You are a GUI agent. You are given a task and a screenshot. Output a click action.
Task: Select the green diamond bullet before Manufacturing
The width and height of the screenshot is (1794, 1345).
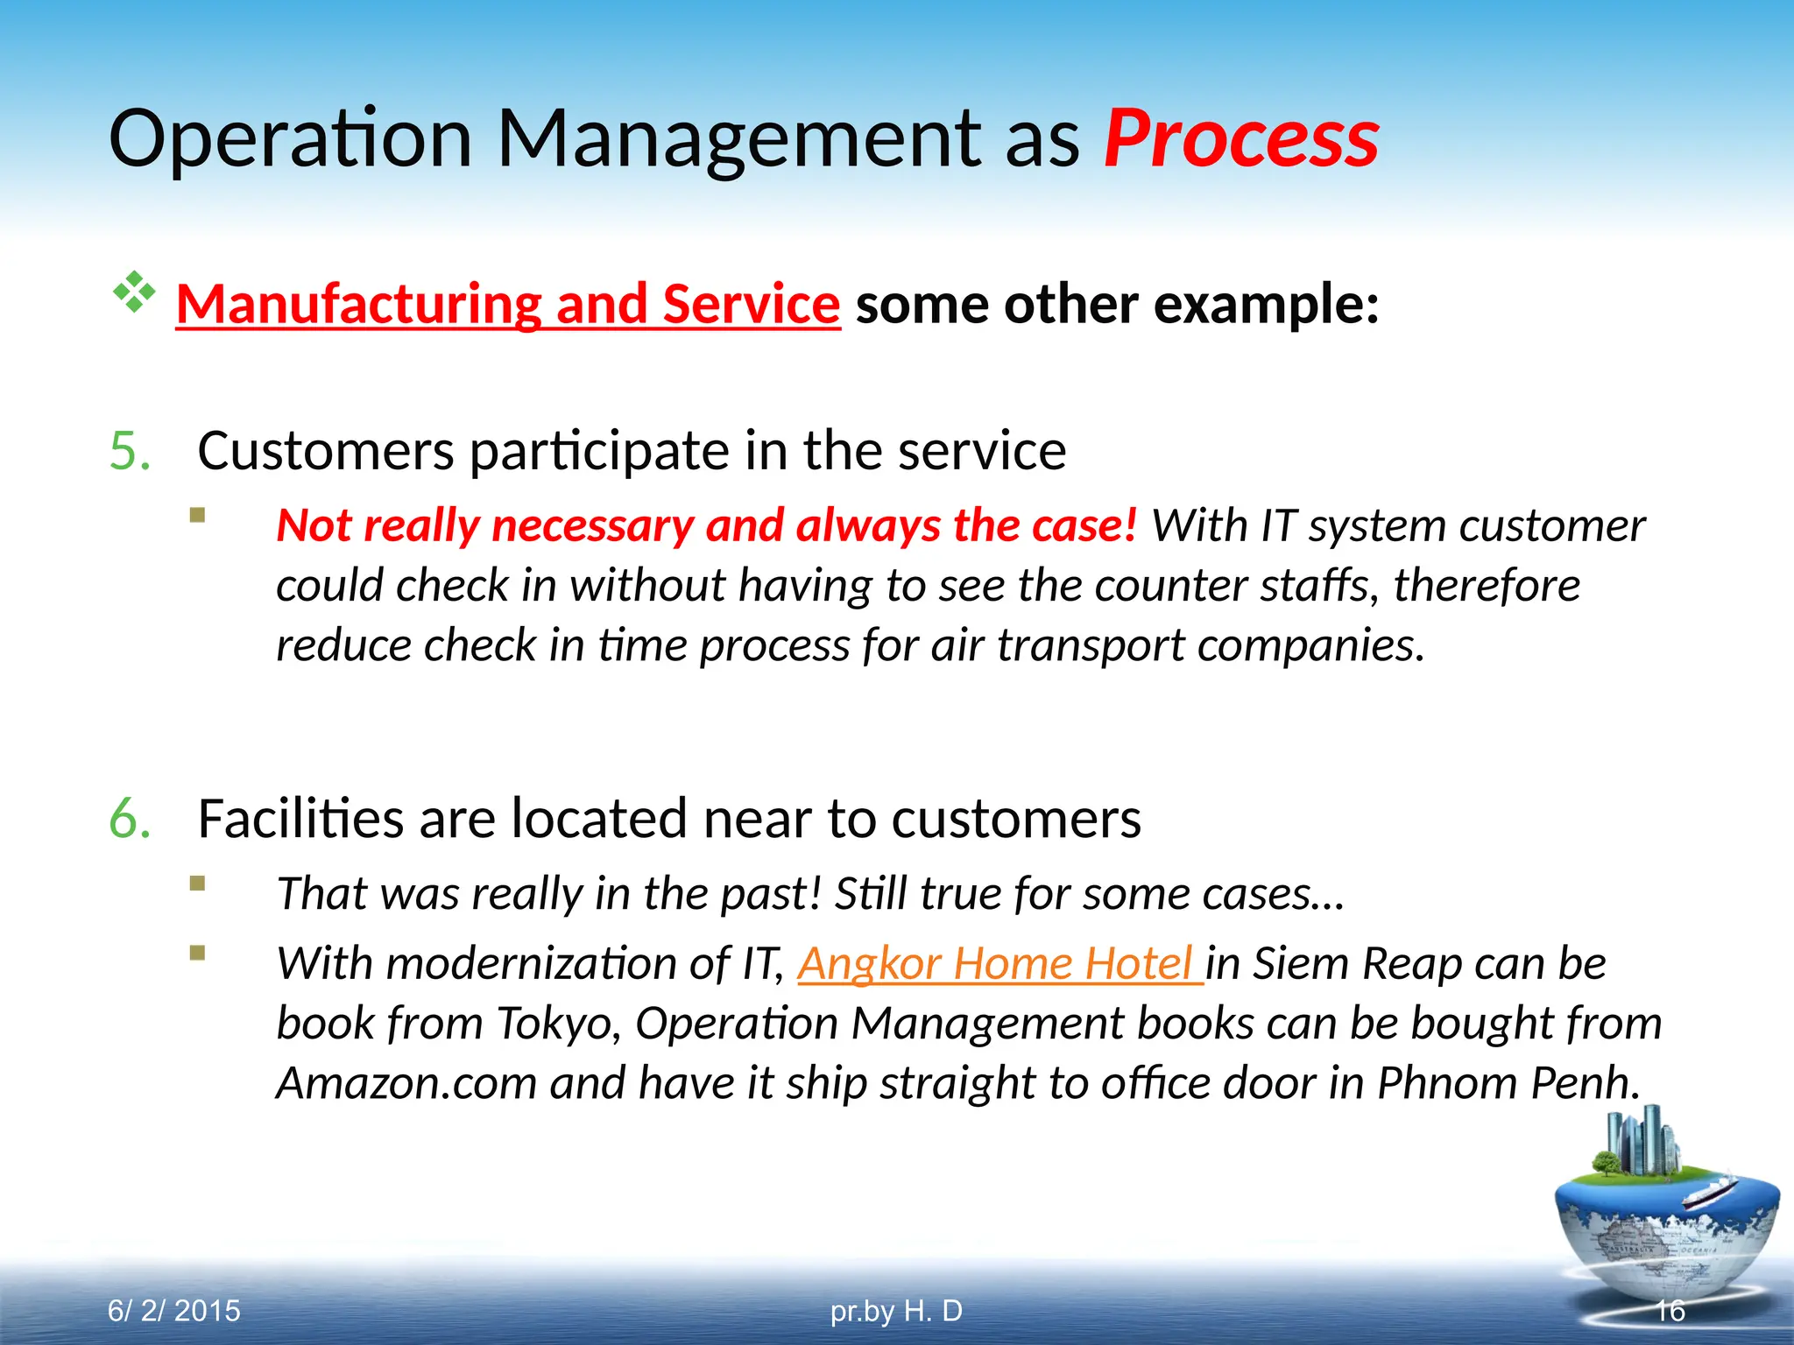point(134,292)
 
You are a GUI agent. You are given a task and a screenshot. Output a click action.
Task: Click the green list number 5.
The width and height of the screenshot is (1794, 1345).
point(130,451)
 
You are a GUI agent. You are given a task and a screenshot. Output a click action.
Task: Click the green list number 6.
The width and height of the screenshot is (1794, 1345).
point(130,819)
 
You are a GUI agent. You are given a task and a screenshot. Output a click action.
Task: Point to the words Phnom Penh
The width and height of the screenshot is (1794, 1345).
point(1507,1082)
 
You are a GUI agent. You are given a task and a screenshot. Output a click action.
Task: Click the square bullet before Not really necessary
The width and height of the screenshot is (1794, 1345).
point(198,515)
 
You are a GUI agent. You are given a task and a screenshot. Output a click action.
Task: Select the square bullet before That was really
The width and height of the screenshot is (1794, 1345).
point(198,884)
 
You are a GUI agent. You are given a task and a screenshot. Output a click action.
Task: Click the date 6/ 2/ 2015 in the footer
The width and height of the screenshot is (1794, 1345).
point(173,1311)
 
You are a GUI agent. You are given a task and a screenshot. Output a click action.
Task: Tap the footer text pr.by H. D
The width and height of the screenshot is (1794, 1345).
point(895,1311)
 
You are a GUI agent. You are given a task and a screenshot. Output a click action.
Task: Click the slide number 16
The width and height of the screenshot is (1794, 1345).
point(1670,1311)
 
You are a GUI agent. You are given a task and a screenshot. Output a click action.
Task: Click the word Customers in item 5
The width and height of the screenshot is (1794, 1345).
point(325,451)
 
